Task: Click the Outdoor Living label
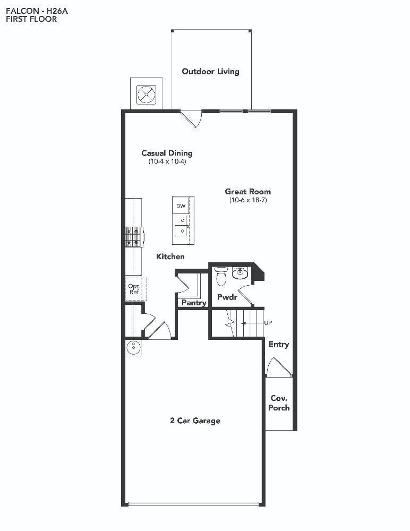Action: coord(210,72)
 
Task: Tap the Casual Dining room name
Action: coord(167,153)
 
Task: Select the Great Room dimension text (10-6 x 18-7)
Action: coord(248,200)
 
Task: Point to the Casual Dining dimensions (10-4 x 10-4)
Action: coord(167,161)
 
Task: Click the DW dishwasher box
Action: coord(181,206)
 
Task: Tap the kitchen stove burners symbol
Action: coord(133,236)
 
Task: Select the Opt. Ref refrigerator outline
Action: coord(136,289)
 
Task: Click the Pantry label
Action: coord(194,303)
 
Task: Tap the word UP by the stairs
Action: coord(268,323)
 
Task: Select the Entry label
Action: coord(279,345)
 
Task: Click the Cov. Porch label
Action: coord(279,402)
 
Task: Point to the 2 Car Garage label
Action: coord(195,421)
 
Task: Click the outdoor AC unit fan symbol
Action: coord(147,95)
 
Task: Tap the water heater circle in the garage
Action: coord(133,346)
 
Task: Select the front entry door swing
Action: coord(278,366)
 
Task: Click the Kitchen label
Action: coord(170,256)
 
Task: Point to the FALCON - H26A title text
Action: coord(37,11)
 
